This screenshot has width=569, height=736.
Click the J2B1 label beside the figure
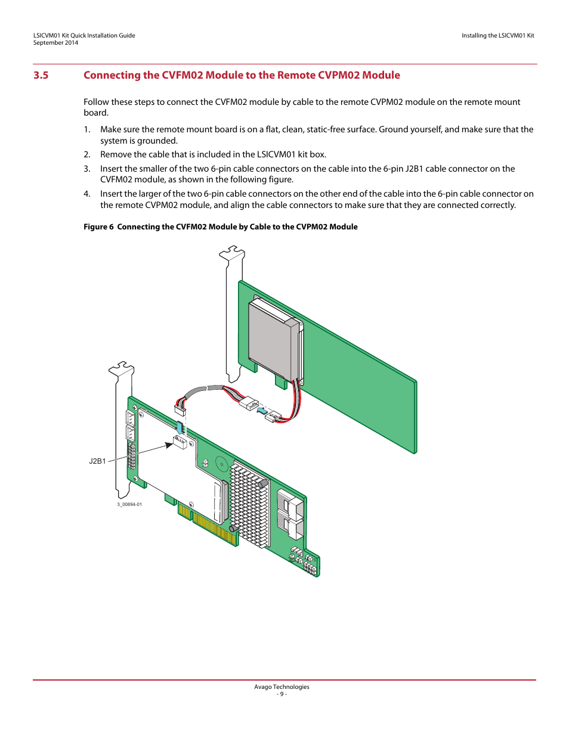click(x=97, y=461)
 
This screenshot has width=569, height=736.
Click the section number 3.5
click(x=41, y=75)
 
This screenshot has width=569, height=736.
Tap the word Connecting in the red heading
click(x=112, y=75)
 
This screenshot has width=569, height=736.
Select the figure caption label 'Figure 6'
click(x=98, y=226)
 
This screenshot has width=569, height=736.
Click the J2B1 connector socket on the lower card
click(x=180, y=442)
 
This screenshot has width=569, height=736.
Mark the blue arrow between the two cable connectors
click(x=261, y=409)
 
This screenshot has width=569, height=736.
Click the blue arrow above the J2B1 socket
click(x=178, y=427)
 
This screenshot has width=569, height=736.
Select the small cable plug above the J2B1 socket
click(x=180, y=409)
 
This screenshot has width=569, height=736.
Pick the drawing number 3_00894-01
click(x=129, y=504)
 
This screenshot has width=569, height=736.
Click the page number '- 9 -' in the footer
click(x=282, y=694)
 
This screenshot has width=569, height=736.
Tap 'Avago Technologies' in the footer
click(x=282, y=687)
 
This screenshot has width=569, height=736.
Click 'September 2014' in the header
click(x=55, y=43)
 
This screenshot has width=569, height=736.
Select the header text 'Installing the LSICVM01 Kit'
click(x=497, y=36)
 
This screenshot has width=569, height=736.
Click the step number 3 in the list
click(x=87, y=169)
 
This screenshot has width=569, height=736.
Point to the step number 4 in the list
click(x=87, y=194)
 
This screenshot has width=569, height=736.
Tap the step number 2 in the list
click(x=87, y=154)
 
